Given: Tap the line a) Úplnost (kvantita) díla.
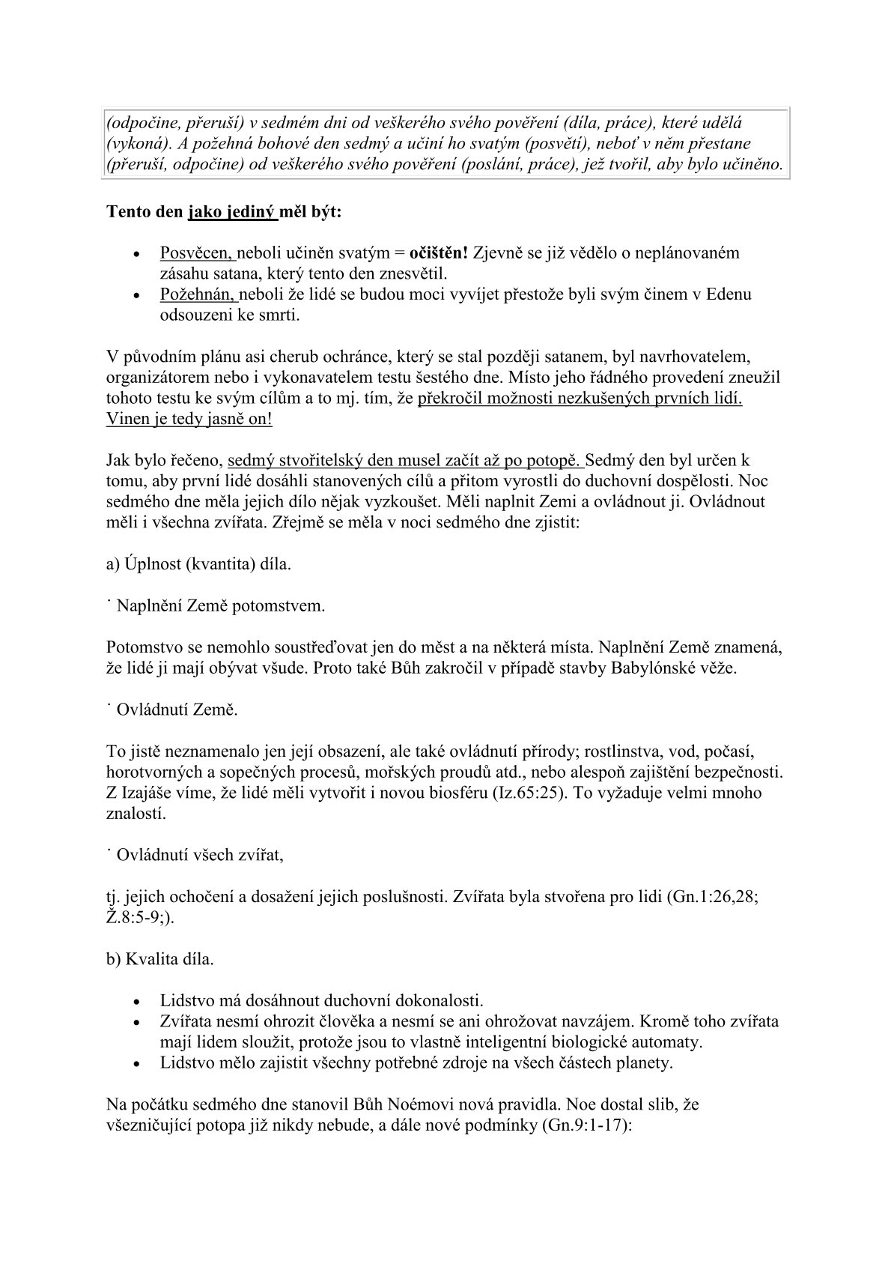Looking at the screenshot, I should pos(198,563).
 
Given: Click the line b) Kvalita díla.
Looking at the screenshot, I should pos(160,958).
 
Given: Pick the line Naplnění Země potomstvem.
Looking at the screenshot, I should pos(221,605).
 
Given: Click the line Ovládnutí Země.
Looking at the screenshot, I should pos(177,708).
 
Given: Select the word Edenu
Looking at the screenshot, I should pos(727,294).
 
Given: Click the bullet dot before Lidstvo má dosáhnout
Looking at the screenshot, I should pos(136,1001).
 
